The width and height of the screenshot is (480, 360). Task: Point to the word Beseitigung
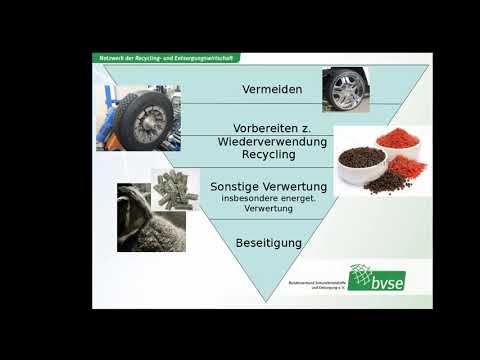point(268,243)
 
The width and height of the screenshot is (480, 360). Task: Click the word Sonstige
point(233,186)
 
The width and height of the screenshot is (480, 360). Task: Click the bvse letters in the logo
point(389,282)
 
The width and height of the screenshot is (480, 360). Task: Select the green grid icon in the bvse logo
point(361,277)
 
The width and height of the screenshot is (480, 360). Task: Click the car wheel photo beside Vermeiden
point(345,89)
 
